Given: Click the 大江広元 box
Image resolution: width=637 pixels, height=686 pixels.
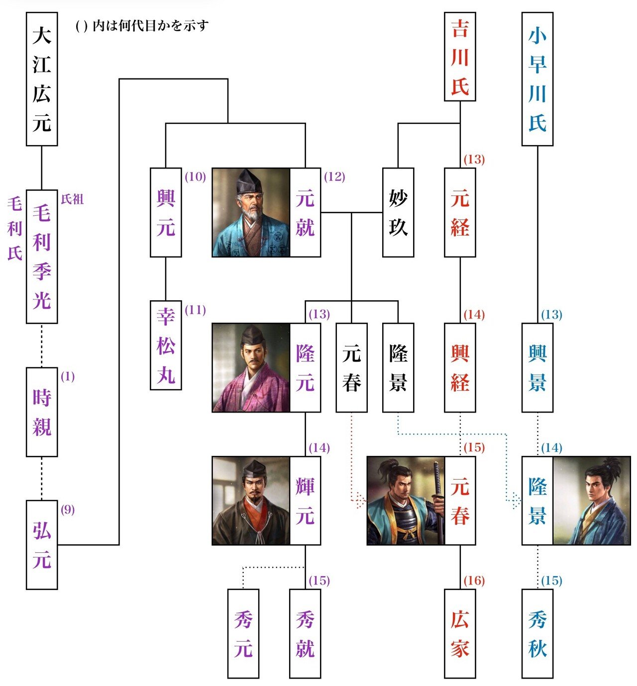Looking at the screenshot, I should coord(42,79).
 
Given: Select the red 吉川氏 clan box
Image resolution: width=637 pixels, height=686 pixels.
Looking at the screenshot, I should coord(460,57).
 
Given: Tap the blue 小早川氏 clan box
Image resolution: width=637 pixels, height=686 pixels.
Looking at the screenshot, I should coord(537,79).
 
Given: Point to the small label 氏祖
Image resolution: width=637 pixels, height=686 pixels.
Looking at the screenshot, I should coord(72,199).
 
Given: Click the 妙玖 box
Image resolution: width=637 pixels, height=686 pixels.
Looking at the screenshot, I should coord(398,212).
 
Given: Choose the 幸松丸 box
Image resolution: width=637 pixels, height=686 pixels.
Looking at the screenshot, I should coord(166,345).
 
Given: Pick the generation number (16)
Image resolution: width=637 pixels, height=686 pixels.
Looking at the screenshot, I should coord(474,581).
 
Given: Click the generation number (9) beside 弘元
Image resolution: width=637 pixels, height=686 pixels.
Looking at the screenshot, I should coord(68,510).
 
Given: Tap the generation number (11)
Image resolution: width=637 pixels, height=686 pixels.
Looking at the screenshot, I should coord(195,310).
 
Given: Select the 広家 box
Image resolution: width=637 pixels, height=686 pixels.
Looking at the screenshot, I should coord(460,633).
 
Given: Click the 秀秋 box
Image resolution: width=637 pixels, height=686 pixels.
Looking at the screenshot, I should coord(537,633).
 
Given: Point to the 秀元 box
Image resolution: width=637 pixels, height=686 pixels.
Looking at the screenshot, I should coord(243,633).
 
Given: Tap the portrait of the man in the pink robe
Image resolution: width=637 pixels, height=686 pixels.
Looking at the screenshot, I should coord(251,368).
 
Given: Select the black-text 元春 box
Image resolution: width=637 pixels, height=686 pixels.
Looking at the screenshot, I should coord(352,368).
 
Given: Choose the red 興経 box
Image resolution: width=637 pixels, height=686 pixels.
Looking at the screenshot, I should coord(460,368).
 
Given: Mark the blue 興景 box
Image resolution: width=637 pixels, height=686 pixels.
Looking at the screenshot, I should coord(537,368).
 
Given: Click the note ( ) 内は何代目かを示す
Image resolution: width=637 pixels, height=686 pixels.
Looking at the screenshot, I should coord(142,25).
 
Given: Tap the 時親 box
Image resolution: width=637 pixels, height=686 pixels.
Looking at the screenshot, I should coord(42,412).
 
